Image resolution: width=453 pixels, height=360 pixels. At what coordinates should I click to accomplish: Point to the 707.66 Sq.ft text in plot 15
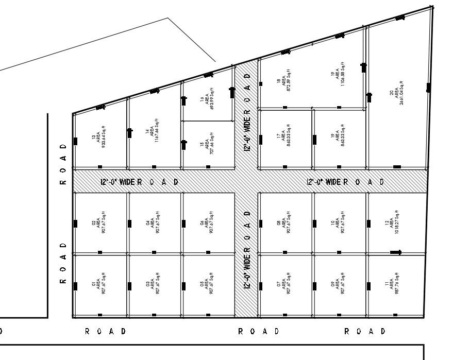pyautogui.click(x=207, y=146)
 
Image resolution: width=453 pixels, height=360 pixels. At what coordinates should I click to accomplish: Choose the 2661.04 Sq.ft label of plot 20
pyautogui.click(x=396, y=91)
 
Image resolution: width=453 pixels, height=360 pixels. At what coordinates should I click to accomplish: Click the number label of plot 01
pyautogui.click(x=93, y=284)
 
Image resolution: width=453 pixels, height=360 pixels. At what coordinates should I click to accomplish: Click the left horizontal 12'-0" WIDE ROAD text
pyautogui.click(x=139, y=182)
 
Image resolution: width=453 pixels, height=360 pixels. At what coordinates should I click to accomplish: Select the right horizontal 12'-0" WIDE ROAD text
pyautogui.click(x=345, y=182)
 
